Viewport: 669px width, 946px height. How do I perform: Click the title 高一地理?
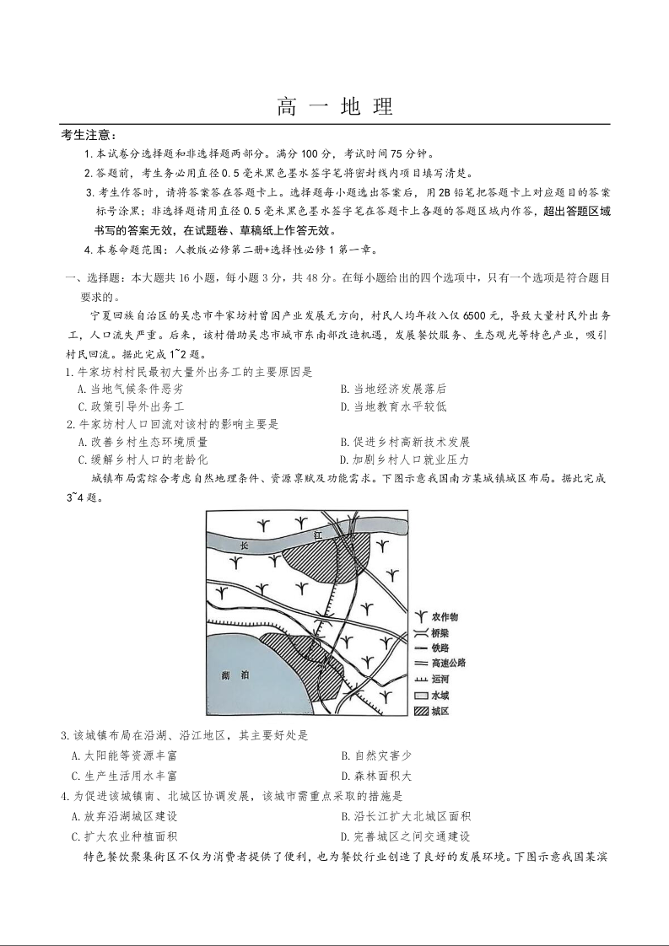pyautogui.click(x=335, y=107)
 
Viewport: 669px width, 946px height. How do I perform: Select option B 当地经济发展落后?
pyautogui.click(x=393, y=389)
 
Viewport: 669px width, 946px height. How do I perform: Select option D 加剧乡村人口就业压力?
pyautogui.click(x=404, y=460)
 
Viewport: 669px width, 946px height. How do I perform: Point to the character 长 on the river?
pyautogui.click(x=246, y=544)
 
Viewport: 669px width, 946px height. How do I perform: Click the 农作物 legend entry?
pyautogui.click(x=445, y=617)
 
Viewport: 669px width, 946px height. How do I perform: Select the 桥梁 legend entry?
pyautogui.click(x=440, y=632)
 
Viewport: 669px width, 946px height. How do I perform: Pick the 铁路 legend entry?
pyautogui.click(x=440, y=648)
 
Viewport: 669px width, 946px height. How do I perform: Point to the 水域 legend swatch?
pyautogui.click(x=420, y=696)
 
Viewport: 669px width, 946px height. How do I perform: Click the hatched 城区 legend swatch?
pyautogui.click(x=420, y=712)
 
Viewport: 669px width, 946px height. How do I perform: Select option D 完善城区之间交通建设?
pyautogui.click(x=405, y=836)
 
